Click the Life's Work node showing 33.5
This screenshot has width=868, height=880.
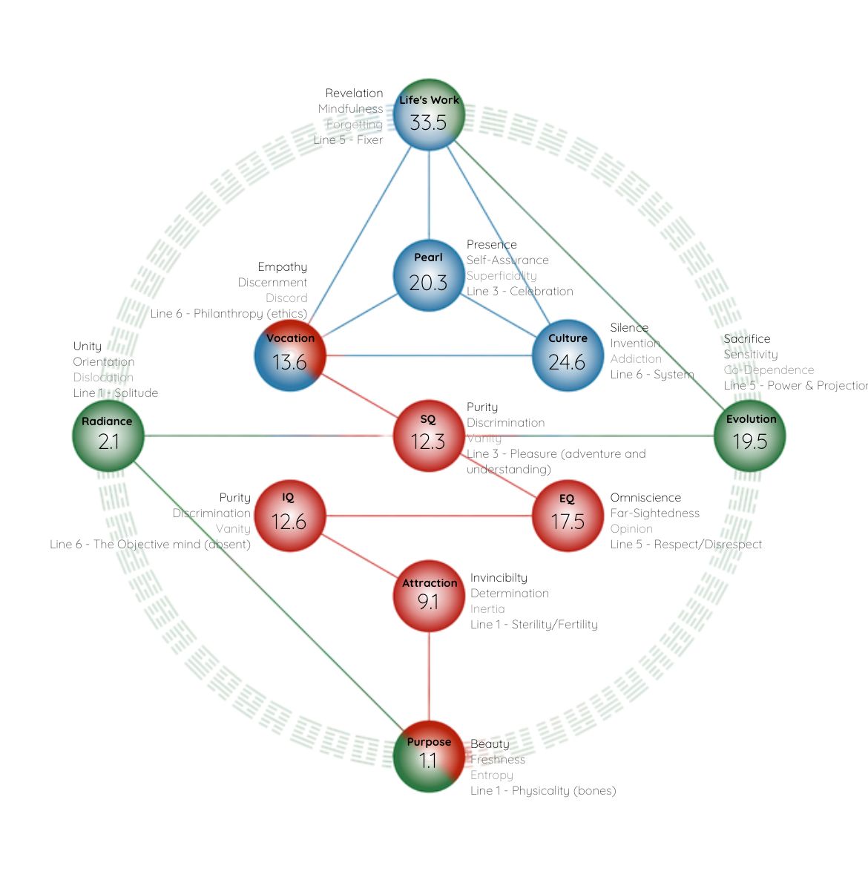click(429, 115)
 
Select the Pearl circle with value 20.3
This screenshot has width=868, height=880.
click(429, 275)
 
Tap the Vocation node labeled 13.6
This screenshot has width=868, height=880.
click(289, 355)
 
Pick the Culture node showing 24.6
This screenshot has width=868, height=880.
click(568, 355)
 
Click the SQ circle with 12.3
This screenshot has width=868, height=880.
click(428, 436)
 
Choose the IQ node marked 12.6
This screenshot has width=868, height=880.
click(289, 516)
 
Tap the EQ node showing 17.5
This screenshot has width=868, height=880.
click(568, 516)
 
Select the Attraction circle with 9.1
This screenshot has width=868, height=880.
click(429, 595)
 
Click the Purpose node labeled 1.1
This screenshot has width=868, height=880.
click(429, 755)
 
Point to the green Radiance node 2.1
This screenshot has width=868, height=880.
click(108, 436)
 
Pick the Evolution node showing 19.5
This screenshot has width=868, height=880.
click(749, 436)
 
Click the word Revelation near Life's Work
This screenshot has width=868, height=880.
click(354, 93)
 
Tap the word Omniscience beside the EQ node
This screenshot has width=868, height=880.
click(645, 498)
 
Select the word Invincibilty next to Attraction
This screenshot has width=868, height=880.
click(499, 578)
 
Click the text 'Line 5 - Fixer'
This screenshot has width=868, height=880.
click(348, 140)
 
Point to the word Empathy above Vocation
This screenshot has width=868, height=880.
click(282, 267)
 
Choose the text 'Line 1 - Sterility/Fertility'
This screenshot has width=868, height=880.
click(533, 625)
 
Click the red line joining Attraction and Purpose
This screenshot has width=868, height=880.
click(429, 675)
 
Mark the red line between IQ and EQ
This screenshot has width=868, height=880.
click(428, 516)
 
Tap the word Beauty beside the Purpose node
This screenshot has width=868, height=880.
click(490, 744)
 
